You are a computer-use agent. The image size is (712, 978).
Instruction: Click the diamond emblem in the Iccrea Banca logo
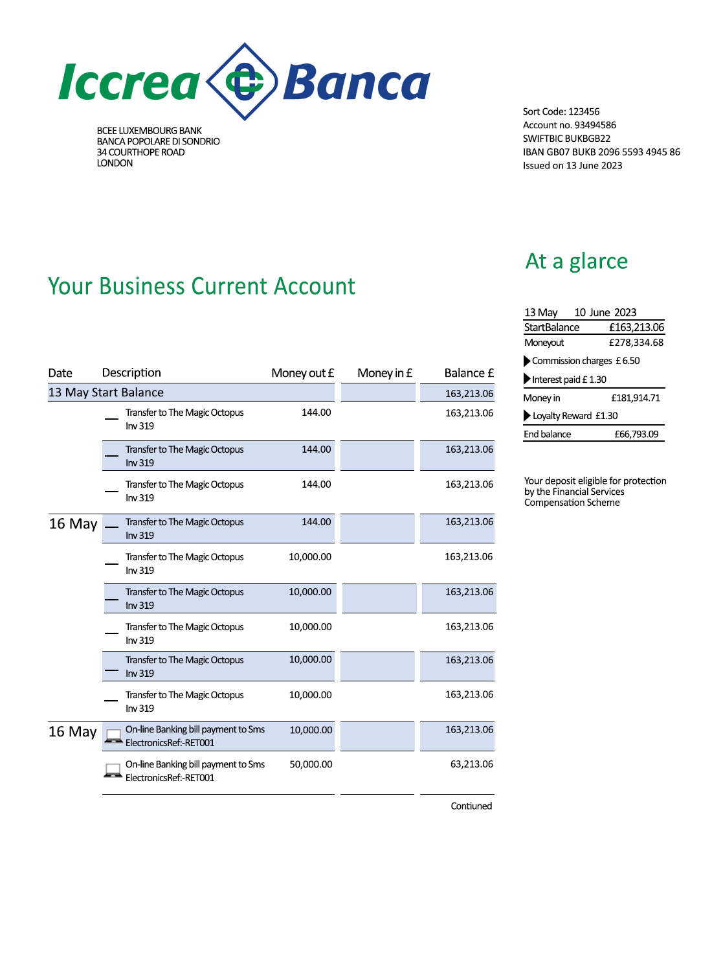point(244,82)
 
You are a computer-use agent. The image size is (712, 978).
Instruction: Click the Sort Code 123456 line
point(561,111)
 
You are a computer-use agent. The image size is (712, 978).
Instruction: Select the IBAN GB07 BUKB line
point(601,152)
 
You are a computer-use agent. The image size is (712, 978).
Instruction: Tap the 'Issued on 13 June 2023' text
point(572,166)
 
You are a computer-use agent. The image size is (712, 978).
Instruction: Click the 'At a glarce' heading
point(576,261)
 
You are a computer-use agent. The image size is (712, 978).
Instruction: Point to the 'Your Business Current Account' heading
point(201,286)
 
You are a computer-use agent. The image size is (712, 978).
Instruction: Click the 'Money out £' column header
point(302,373)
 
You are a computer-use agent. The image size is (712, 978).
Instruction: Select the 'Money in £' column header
point(384,373)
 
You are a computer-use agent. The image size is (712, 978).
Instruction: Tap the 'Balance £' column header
point(469,373)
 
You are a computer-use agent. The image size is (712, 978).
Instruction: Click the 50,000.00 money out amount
point(311,764)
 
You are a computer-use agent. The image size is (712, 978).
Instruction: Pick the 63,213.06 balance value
point(471,764)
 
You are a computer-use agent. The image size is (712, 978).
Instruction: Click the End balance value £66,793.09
point(636,435)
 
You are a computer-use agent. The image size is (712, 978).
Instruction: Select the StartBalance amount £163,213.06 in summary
point(636,328)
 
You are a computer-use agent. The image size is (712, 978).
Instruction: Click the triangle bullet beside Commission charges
point(527,361)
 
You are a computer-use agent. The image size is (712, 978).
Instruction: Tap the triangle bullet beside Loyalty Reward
point(527,416)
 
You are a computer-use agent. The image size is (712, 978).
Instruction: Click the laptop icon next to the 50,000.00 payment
point(113,771)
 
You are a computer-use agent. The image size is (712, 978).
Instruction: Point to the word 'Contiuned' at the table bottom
point(471,806)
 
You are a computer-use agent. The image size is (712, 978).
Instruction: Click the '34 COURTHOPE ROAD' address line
point(140,152)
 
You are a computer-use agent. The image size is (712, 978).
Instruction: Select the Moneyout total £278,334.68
point(636,343)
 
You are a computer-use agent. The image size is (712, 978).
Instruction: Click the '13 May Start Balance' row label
point(106,392)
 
